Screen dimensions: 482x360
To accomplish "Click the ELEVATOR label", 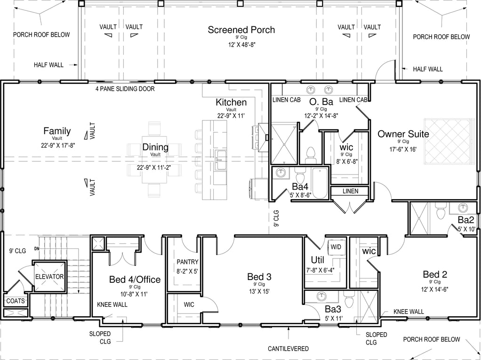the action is click(x=49, y=276).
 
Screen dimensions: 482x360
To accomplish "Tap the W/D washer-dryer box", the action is click(x=336, y=247).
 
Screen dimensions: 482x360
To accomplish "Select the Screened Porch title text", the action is click(x=241, y=30).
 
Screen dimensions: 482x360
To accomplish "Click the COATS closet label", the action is click(x=16, y=301).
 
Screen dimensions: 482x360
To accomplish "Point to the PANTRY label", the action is click(x=187, y=262).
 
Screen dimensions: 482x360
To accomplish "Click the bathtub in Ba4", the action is click(x=321, y=183).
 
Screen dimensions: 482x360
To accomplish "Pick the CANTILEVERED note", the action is click(x=288, y=349).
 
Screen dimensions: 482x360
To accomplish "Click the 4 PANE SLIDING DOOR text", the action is click(x=125, y=89).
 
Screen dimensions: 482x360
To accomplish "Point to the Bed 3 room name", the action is click(x=259, y=276).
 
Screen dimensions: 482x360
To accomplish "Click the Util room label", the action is click(x=318, y=260).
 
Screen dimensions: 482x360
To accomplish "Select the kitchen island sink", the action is click(x=220, y=160).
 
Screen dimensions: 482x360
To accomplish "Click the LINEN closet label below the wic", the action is click(x=350, y=191).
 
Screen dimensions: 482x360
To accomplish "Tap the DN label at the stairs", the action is click(x=37, y=248).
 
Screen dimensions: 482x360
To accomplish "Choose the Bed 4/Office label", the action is click(x=135, y=280).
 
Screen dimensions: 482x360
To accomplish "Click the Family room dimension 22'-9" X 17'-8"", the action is click(x=57, y=145).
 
